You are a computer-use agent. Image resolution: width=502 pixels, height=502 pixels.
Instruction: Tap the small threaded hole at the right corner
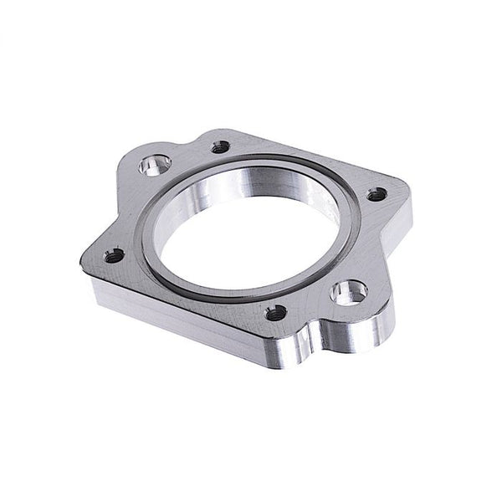pyautogui.click(x=377, y=193)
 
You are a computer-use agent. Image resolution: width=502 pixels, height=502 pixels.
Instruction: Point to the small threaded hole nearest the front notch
pyautogui.click(x=272, y=315)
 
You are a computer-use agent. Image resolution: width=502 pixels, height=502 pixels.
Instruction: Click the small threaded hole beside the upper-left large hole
pyautogui.click(x=222, y=146)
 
